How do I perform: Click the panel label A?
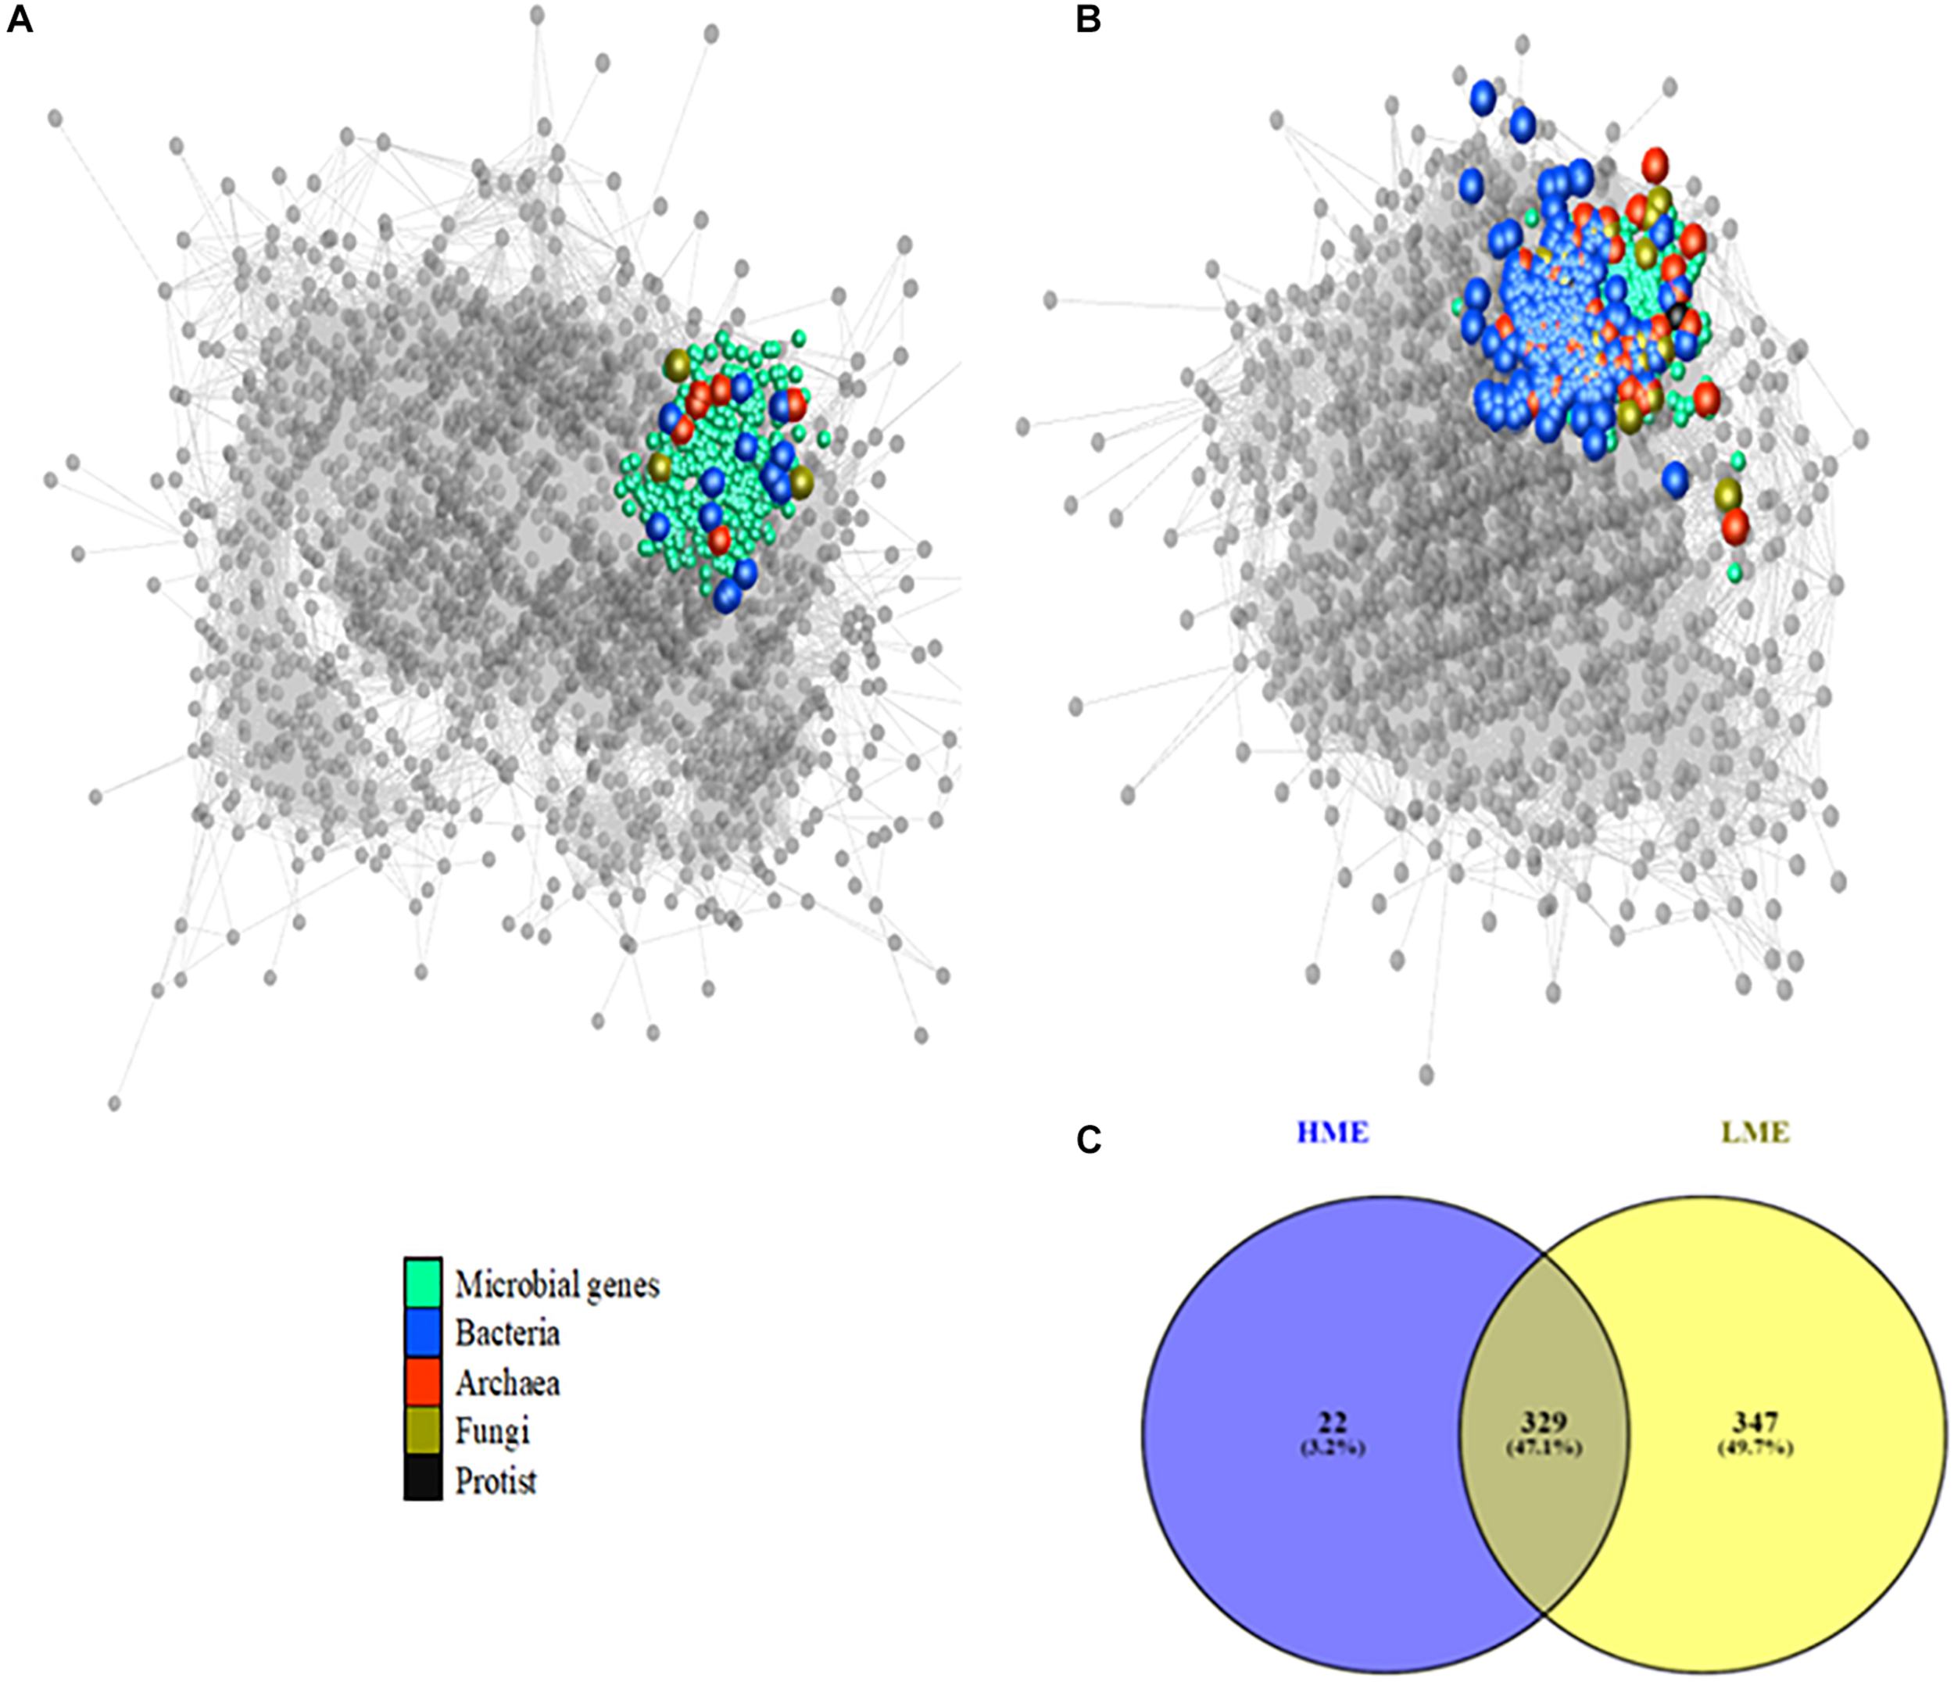pyautogui.click(x=19, y=19)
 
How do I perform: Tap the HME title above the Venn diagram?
pyautogui.click(x=1332, y=1132)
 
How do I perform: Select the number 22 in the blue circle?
pyautogui.click(x=1333, y=1422)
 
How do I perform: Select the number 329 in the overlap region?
pyautogui.click(x=1543, y=1422)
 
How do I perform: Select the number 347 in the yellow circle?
pyautogui.click(x=1754, y=1422)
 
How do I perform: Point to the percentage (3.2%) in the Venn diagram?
pyautogui.click(x=1333, y=1448)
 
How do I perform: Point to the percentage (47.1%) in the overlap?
pyautogui.click(x=1543, y=1448)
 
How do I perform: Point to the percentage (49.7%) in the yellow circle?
pyautogui.click(x=1754, y=1448)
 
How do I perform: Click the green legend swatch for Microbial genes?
pyautogui.click(x=423, y=1283)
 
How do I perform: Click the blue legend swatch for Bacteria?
pyautogui.click(x=423, y=1332)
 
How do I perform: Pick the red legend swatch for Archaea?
pyautogui.click(x=423, y=1381)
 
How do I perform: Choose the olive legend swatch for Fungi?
pyautogui.click(x=423, y=1431)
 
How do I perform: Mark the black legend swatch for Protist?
pyautogui.click(x=423, y=1480)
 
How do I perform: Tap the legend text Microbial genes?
pyautogui.click(x=556, y=1285)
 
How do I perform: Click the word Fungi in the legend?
pyautogui.click(x=492, y=1432)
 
